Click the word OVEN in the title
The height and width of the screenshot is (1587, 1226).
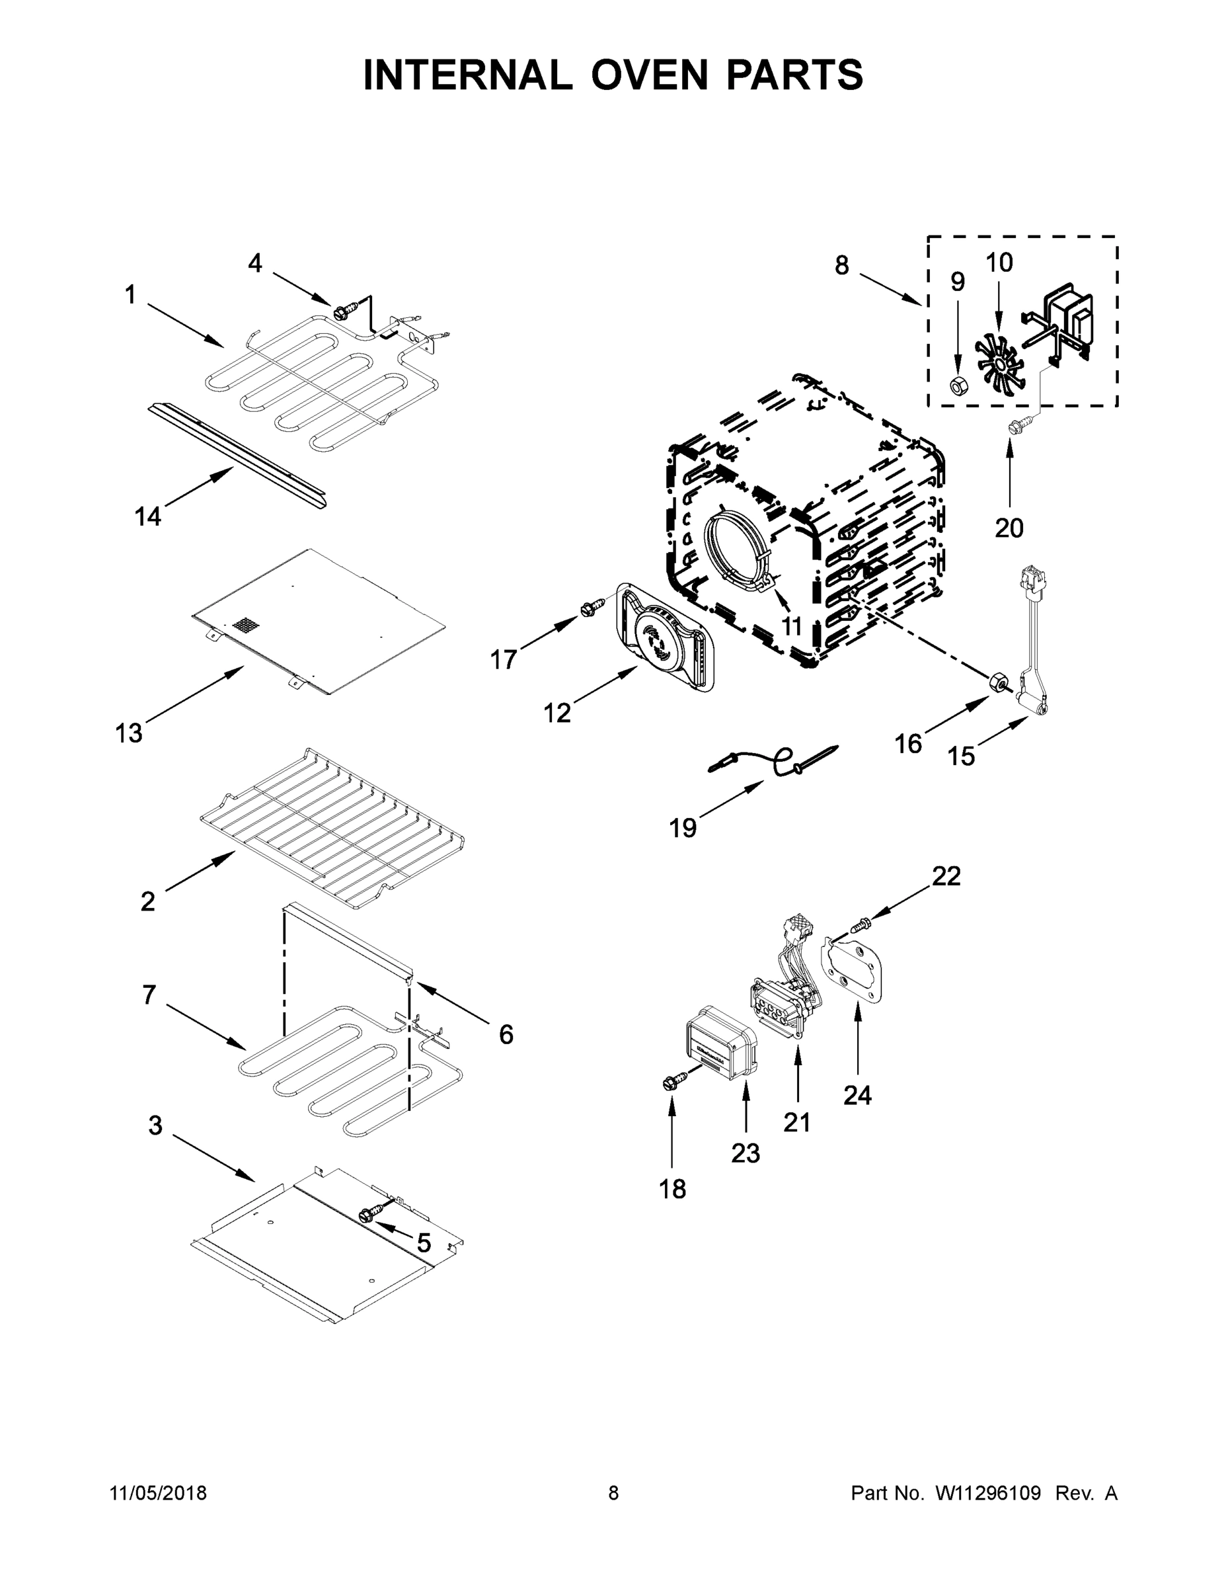point(648,75)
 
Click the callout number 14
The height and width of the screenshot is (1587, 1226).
point(147,516)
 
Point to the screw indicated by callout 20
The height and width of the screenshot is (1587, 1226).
point(1011,429)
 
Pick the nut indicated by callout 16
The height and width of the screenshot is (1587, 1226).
point(999,682)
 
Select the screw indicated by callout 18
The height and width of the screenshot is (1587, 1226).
point(672,1103)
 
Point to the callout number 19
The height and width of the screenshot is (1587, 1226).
point(683,828)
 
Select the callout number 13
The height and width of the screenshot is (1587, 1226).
point(129,733)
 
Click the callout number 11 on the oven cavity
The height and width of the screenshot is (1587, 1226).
point(792,626)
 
